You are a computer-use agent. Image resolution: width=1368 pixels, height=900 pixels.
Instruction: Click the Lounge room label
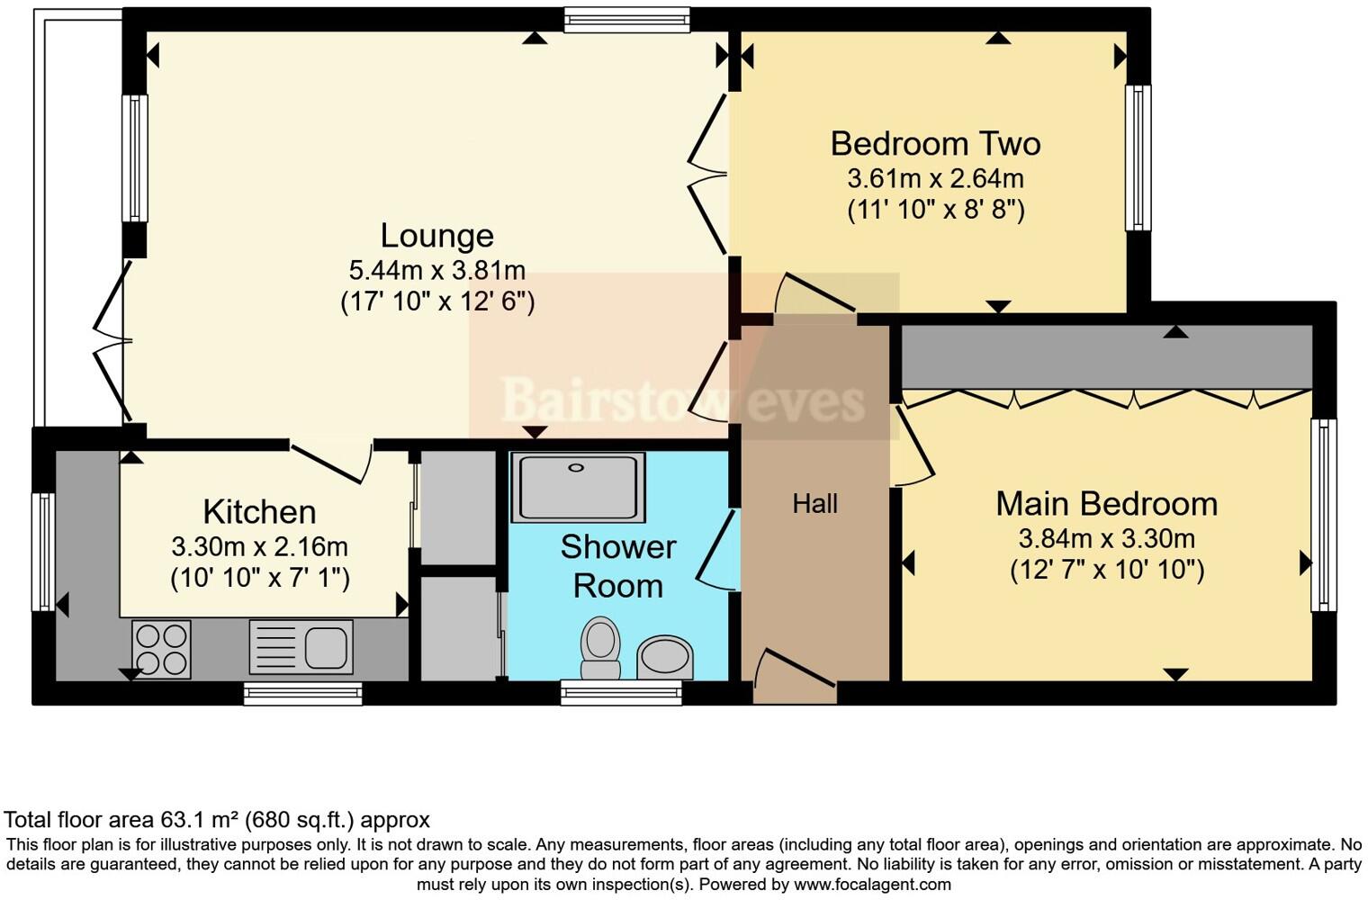(x=436, y=236)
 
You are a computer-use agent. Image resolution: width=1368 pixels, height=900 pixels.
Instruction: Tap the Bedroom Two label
(x=935, y=144)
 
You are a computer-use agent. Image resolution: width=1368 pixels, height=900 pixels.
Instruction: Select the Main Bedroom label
(x=1106, y=504)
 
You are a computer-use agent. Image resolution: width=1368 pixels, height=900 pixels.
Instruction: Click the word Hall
(x=814, y=504)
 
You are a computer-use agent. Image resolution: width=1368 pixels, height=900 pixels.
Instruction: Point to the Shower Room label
(x=617, y=566)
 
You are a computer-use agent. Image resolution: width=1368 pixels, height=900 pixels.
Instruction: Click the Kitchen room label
(x=259, y=512)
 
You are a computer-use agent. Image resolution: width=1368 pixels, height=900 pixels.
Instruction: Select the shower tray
(x=578, y=487)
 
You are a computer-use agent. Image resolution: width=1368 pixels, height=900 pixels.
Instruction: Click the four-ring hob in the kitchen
(x=161, y=649)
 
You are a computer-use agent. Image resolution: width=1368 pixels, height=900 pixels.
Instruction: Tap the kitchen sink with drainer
(x=301, y=646)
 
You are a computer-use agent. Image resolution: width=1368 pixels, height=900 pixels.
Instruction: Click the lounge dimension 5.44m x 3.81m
(x=436, y=269)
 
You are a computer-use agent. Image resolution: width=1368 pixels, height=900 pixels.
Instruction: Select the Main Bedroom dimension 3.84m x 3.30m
(x=1106, y=539)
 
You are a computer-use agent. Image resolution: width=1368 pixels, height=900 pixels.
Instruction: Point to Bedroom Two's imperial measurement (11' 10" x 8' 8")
(x=935, y=210)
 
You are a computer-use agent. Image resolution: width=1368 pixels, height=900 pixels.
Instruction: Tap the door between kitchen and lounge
(x=331, y=461)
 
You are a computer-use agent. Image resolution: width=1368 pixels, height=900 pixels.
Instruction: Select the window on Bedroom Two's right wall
(x=1138, y=157)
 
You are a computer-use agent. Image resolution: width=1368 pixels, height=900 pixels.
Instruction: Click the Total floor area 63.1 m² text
(x=217, y=820)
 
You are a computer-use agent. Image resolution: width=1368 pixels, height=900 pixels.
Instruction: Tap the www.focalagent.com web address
(x=872, y=884)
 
